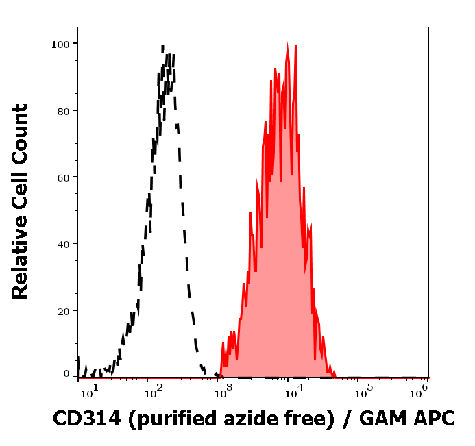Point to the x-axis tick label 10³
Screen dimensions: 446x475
[x=223, y=389]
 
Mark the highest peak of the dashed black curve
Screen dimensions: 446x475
[x=163, y=45]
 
